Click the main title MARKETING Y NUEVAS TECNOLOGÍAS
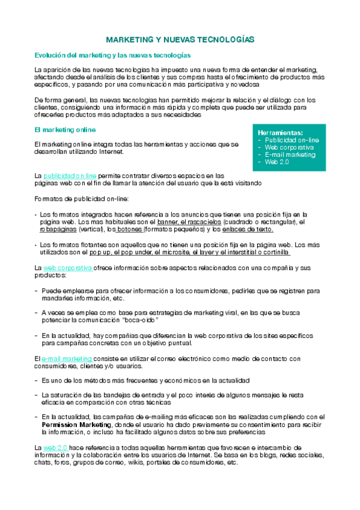[x=180, y=39]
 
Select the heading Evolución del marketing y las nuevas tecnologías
[x=100, y=55]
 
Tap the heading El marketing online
[x=66, y=129]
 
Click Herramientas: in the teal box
[x=280, y=132]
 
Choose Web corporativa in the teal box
[x=289, y=147]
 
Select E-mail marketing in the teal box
[x=290, y=155]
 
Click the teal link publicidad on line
[x=70, y=176]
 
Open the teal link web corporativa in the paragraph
[x=67, y=267]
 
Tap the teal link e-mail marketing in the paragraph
[x=67, y=358]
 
